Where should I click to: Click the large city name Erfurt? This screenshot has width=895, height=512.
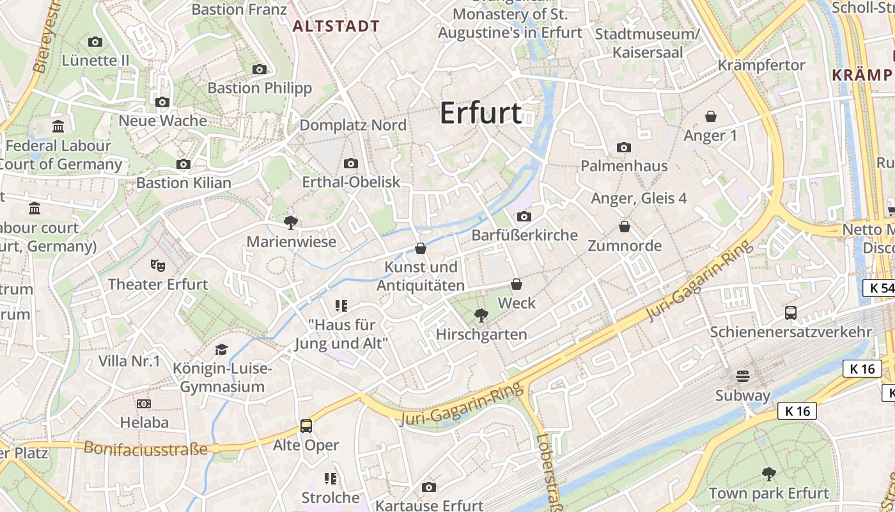point(481,113)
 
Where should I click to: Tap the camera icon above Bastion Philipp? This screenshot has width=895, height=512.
point(259,69)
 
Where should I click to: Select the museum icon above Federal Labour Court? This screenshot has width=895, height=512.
point(58,127)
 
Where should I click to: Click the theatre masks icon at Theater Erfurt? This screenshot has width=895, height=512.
point(157,265)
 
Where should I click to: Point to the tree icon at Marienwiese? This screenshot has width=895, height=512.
point(291,223)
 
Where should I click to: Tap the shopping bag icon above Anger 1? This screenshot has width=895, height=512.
point(710,116)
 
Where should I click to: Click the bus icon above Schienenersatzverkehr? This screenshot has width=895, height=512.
point(791,312)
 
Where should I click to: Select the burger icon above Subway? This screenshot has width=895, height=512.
point(742,376)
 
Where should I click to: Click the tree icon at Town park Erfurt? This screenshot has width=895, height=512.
point(769,474)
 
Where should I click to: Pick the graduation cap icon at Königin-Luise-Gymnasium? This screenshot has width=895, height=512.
point(221,349)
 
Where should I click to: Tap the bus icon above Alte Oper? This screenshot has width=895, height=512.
point(306,426)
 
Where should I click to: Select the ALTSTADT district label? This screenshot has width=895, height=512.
point(336,26)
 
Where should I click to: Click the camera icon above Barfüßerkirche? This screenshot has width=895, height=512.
point(524,216)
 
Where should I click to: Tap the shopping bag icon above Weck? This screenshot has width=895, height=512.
point(517,284)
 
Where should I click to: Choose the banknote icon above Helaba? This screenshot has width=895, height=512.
point(144,404)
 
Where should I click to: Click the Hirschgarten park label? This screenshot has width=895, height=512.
point(481,334)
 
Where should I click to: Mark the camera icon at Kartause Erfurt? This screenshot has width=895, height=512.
point(429,488)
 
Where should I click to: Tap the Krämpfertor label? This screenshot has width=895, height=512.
point(761,65)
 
